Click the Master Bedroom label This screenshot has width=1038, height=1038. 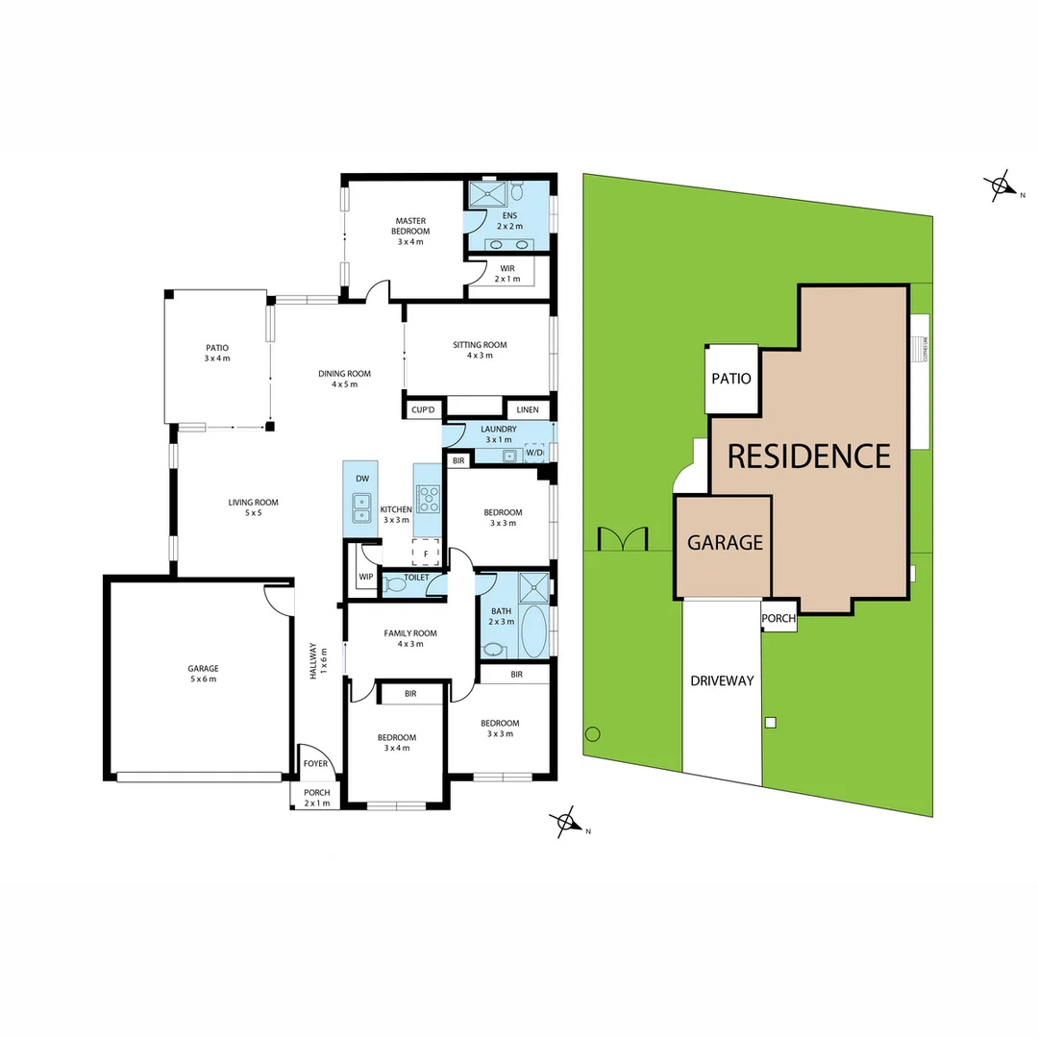(410, 226)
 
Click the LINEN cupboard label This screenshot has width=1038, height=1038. (528, 409)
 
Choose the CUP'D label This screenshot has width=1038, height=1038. (424, 409)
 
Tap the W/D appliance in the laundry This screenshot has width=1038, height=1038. (534, 453)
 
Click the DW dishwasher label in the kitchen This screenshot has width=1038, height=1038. (362, 478)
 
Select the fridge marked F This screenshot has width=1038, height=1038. (425, 555)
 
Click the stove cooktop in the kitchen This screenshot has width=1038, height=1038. (428, 498)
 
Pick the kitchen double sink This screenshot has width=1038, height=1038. (362, 507)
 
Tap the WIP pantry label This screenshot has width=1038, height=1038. (365, 577)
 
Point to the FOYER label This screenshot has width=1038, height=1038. (316, 764)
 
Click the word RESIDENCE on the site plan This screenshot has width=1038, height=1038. (809, 456)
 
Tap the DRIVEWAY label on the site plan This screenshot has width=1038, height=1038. (722, 680)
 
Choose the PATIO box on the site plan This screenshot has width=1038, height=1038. (731, 379)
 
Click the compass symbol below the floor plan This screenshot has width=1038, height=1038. (566, 823)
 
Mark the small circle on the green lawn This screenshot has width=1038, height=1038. (592, 733)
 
